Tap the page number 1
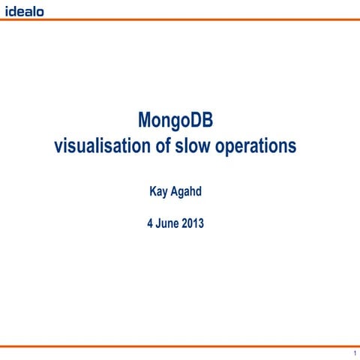tap(353, 352)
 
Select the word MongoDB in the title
tap(175, 120)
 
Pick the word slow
tap(193, 145)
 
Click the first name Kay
tap(159, 192)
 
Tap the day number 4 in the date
tap(150, 223)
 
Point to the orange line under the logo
tap(180, 19)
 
